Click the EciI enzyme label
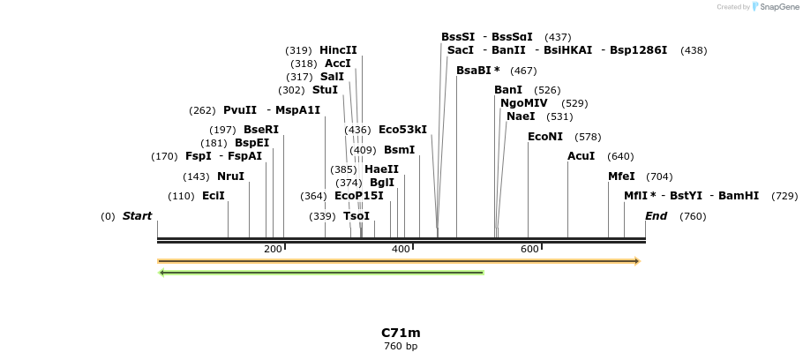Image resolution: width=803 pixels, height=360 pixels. (214, 196)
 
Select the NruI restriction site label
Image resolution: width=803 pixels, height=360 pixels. (230, 176)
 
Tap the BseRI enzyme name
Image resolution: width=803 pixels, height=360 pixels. (261, 130)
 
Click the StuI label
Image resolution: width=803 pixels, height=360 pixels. (325, 90)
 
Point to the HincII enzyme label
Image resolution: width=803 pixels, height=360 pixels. (338, 50)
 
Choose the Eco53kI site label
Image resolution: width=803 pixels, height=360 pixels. (402, 130)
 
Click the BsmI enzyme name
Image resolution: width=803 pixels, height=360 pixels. (400, 150)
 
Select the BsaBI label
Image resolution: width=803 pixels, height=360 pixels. (474, 71)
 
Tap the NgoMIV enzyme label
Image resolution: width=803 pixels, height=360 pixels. (524, 103)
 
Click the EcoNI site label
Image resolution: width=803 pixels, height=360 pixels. (545, 137)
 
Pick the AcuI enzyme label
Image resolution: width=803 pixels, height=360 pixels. (581, 156)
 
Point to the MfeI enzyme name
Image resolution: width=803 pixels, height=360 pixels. (621, 176)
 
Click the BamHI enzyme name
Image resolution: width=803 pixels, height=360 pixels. (739, 196)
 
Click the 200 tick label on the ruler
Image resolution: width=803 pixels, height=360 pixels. (273, 250)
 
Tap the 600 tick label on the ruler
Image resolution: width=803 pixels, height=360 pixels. (529, 250)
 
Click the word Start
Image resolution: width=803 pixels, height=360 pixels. (137, 216)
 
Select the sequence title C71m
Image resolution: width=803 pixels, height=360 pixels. (401, 333)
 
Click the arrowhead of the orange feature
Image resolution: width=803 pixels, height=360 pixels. (635, 261)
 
